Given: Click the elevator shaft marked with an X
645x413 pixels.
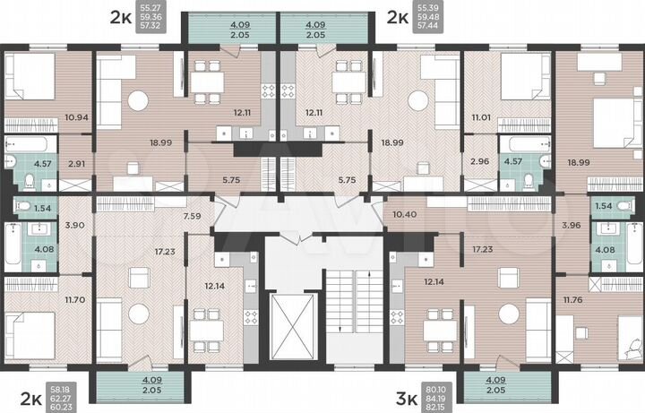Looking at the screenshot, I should pos(290,318).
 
